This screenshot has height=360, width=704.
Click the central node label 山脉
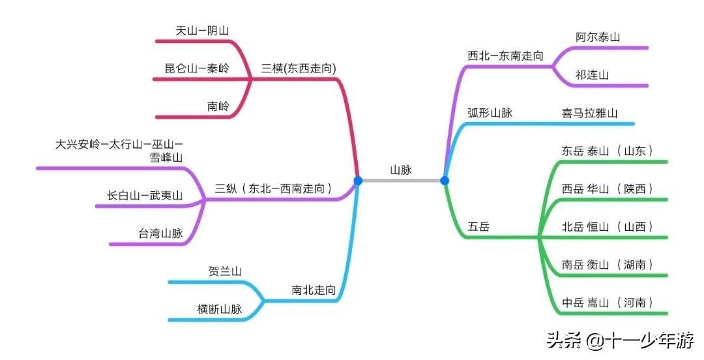pos(401,170)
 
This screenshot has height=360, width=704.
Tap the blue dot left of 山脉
pos(358,181)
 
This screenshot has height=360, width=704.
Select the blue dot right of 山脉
pos(445,181)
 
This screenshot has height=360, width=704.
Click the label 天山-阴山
pos(202,31)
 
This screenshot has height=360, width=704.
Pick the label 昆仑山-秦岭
pos(197,68)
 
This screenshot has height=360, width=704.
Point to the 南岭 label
pos(218,106)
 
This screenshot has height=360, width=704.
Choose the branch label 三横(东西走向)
pos(299,68)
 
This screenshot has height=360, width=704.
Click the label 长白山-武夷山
pos(145,195)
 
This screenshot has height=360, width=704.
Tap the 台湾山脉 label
pos(160,233)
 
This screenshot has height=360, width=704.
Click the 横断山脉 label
pos(220,309)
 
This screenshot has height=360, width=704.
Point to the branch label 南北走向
pos(314,290)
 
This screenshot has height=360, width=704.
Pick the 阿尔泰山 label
pos(598,37)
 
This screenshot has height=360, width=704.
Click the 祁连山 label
pos(592,75)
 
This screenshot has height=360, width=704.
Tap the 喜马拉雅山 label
pos(589,113)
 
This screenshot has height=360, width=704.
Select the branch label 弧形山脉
pos(490,113)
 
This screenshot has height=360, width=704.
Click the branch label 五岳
pos(478,227)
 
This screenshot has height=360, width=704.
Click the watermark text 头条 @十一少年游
pos(620,340)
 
